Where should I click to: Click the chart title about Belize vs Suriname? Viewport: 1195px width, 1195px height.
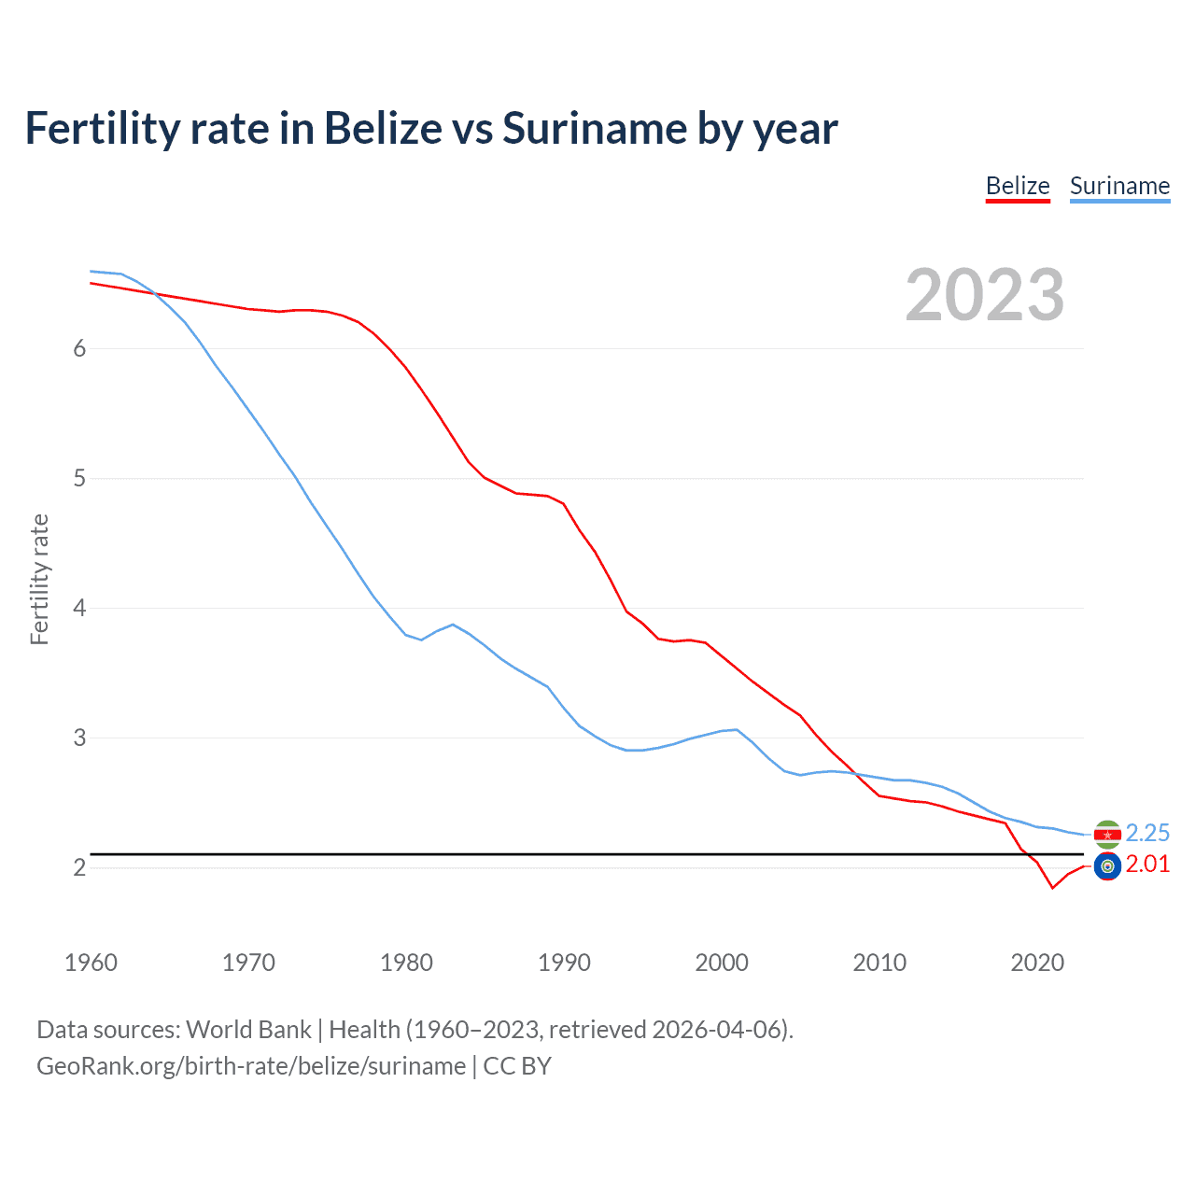[431, 128]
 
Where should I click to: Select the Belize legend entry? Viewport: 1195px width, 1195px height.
[1018, 186]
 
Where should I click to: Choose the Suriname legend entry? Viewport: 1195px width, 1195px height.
[1119, 186]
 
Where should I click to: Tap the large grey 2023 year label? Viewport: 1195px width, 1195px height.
[985, 295]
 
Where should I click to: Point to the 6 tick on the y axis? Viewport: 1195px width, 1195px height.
[79, 348]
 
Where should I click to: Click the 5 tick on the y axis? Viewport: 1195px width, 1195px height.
[79, 478]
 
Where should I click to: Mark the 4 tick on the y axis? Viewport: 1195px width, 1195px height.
[79, 608]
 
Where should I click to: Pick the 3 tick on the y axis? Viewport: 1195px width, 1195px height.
[79, 738]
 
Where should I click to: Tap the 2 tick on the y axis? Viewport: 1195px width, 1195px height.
[79, 867]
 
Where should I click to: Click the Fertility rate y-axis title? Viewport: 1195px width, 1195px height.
[39, 579]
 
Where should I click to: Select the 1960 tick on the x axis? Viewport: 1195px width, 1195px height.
[91, 963]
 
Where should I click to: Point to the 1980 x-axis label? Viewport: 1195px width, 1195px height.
[406, 963]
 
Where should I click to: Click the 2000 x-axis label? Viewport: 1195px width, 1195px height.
[722, 963]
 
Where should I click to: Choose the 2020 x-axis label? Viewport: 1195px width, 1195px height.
[1037, 963]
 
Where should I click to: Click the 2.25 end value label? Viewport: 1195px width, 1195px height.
[1147, 833]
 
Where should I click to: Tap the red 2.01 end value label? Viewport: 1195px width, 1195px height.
[1147, 865]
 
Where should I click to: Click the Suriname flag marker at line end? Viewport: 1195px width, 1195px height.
[1107, 834]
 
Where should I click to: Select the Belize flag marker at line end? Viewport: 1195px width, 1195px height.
[1107, 866]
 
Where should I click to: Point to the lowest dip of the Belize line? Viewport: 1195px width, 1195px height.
[1052, 888]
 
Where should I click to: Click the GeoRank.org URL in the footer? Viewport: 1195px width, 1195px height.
[251, 1066]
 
